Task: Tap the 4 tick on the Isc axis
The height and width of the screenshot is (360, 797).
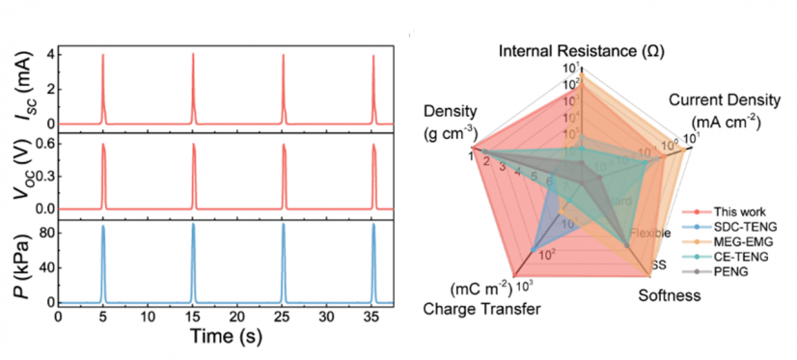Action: pyautogui.click(x=46, y=56)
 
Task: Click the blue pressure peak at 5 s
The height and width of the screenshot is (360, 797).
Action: pyautogui.click(x=103, y=228)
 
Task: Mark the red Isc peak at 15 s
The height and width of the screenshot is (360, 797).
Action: pyautogui.click(x=193, y=56)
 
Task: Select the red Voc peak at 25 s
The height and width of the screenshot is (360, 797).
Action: pyautogui.click(x=284, y=146)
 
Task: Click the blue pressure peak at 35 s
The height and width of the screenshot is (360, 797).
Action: pyautogui.click(x=373, y=228)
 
